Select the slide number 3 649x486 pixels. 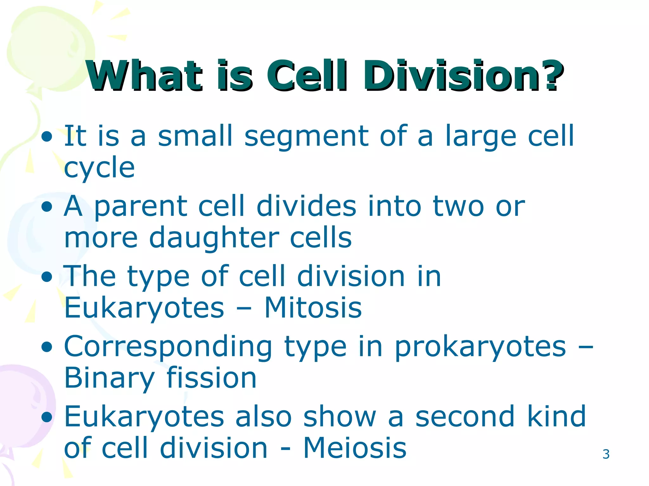click(606, 454)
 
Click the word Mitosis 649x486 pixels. click(313, 308)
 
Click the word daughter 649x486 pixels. click(214, 238)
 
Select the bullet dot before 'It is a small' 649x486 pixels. click(47, 137)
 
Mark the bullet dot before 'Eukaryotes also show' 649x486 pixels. click(47, 417)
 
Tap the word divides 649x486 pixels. click(306, 206)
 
